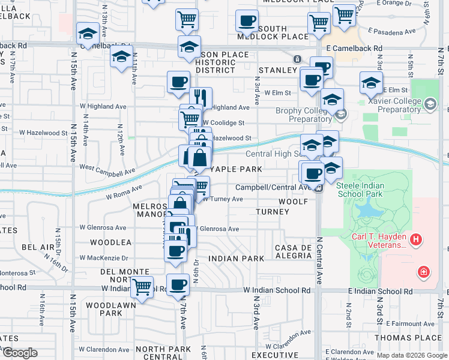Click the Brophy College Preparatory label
coord(303,115)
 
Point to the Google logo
coord(19,352)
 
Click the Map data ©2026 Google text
coord(412,355)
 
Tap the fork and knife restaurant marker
coord(201,98)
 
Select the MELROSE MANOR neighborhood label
coord(148,209)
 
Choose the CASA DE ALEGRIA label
coord(294,251)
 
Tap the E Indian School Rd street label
coord(381,291)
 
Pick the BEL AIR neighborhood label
coord(38,247)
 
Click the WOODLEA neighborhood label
coord(110,242)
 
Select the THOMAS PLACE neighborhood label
coord(408,338)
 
